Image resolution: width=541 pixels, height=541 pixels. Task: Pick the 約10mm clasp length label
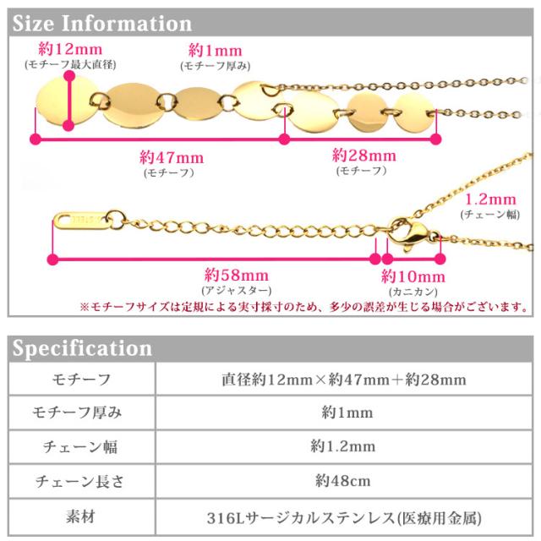[412, 276]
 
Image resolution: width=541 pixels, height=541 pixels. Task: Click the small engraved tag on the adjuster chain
[82, 219]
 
